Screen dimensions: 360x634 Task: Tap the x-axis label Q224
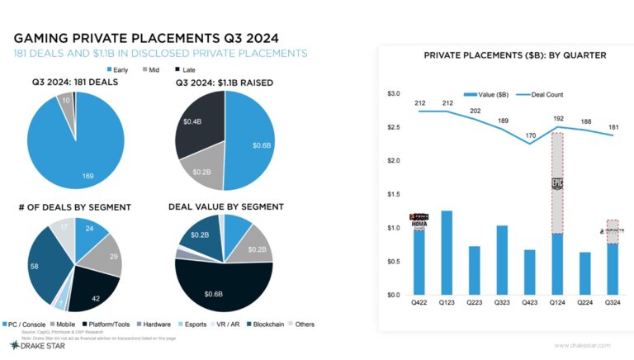click(584, 303)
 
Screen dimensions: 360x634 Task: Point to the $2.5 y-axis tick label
click(393, 127)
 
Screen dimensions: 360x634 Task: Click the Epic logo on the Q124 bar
click(557, 185)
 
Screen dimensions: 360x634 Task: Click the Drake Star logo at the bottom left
click(31, 346)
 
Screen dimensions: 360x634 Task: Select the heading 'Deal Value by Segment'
click(225, 206)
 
